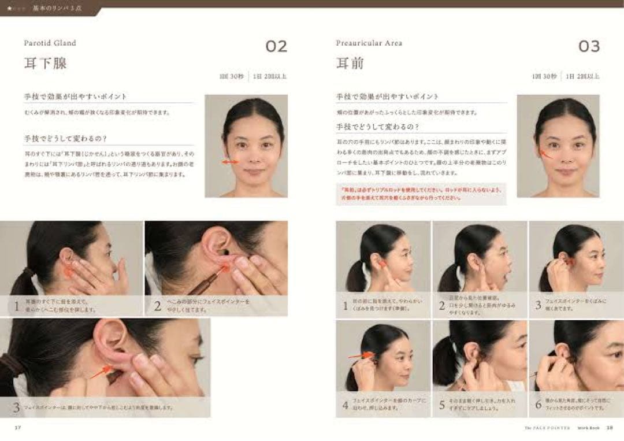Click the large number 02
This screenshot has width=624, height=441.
[x=276, y=46]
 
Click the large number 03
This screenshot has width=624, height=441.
[x=589, y=46]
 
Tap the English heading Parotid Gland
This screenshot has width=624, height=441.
[x=50, y=43]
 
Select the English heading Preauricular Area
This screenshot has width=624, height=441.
[x=369, y=43]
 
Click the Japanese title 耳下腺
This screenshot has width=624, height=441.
[x=45, y=63]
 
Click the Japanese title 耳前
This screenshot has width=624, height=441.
[x=350, y=63]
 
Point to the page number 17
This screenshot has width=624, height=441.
[x=18, y=428]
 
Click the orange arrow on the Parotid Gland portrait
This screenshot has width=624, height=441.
[x=230, y=162]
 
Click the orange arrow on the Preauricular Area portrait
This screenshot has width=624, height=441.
[x=545, y=153]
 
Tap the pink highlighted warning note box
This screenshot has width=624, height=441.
[x=421, y=194]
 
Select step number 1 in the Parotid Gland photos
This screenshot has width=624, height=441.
[x=17, y=306]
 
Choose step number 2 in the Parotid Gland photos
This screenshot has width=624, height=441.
[x=157, y=306]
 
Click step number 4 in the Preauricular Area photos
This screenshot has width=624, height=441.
[x=346, y=405]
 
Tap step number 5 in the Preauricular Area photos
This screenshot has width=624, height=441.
[x=442, y=405]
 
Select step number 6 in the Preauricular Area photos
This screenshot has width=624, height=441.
[x=538, y=405]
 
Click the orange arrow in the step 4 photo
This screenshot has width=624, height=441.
[x=360, y=356]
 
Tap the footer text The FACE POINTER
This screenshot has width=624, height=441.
[x=547, y=428]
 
